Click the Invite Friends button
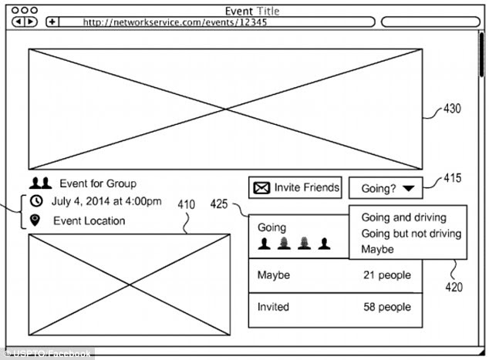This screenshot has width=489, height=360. tap(295, 187)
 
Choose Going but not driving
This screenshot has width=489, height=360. tap(411, 234)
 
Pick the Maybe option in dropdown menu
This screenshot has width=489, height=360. tap(377, 249)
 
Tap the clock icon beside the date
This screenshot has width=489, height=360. tap(36, 202)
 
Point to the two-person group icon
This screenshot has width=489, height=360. tap(40, 183)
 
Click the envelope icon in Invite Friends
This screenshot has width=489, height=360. tap(262, 187)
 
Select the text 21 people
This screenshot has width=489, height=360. tap(387, 275)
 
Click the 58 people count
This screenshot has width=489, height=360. tap(387, 307)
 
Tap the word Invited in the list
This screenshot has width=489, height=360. tap(273, 307)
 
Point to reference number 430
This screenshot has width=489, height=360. tap(452, 109)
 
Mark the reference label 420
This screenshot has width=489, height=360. tap(454, 288)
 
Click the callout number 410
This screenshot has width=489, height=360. tap(187, 205)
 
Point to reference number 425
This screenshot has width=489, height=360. tap(219, 205)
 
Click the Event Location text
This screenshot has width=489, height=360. tap(89, 221)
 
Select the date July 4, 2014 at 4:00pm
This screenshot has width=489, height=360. tap(106, 202)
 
